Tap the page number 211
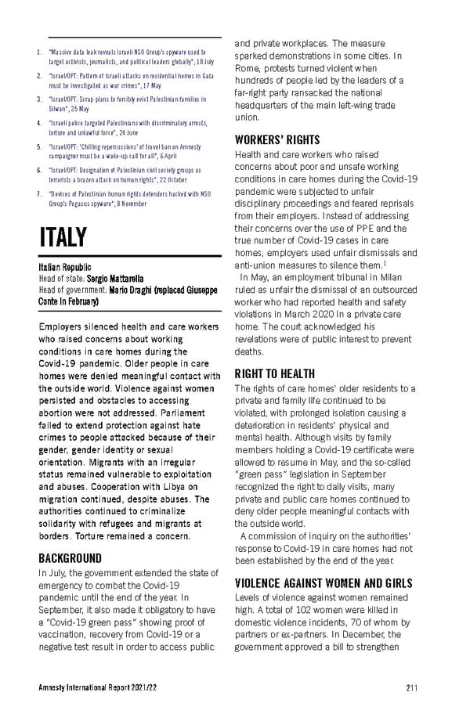[412, 687]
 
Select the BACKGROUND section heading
[70, 558]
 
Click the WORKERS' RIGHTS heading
[277, 140]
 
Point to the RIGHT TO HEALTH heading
[274, 374]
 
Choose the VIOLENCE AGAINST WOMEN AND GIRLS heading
[324, 583]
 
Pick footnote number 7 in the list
[40, 193]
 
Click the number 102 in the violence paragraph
[321, 610]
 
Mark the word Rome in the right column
[250, 68]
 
